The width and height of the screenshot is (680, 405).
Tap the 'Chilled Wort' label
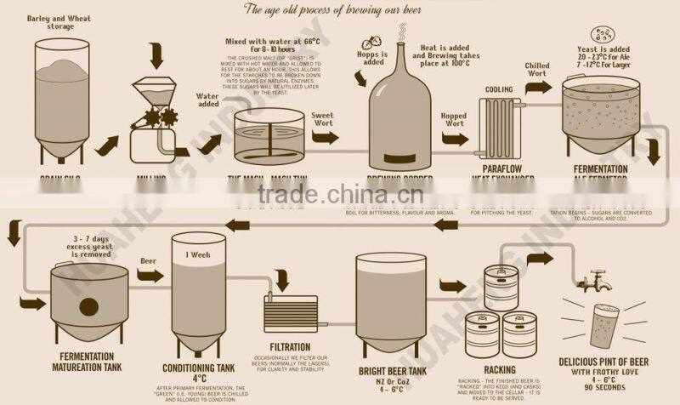coord(535,69)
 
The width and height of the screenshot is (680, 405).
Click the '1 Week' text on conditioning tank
coord(199,255)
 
